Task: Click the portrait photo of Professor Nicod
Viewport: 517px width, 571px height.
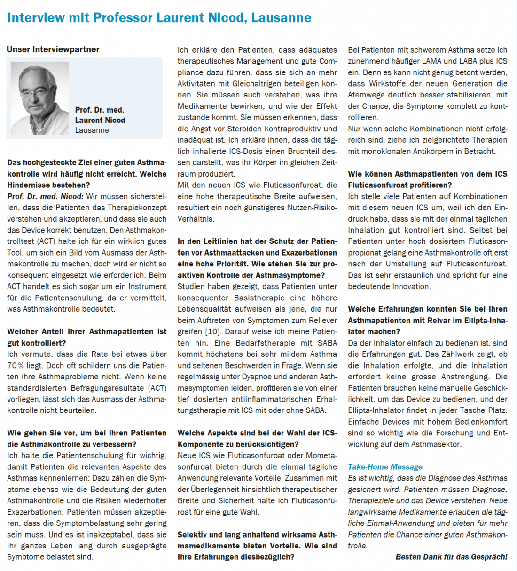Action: click(39, 98)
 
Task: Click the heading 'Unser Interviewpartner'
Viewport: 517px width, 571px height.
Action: click(53, 49)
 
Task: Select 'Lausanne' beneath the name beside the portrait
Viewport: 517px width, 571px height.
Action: click(92, 130)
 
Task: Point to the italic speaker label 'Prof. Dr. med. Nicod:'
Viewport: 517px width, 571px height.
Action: click(45, 196)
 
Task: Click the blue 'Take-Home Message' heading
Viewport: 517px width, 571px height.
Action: click(385, 467)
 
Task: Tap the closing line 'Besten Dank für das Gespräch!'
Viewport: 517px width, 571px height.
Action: click(451, 557)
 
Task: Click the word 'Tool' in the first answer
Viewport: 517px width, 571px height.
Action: click(15, 253)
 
